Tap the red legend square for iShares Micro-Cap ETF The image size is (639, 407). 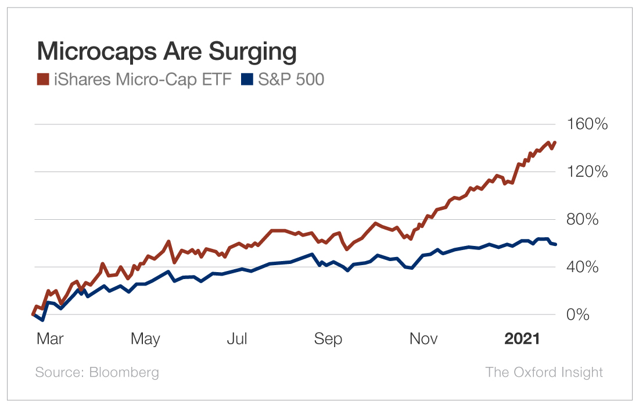pos(42,80)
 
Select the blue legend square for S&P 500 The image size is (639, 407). pos(247,80)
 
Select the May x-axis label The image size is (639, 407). pos(145,339)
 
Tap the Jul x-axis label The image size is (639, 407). pos(237,339)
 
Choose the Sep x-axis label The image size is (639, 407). pos(328,339)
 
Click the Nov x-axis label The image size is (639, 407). pos(423,339)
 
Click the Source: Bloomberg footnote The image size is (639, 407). pos(97,372)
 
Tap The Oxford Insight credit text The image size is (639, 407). pos(544,372)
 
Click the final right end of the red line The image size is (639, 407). pos(555,142)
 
